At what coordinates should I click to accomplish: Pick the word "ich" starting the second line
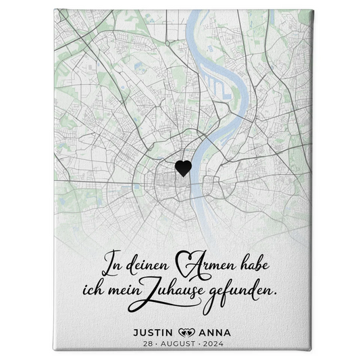point(114,290)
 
